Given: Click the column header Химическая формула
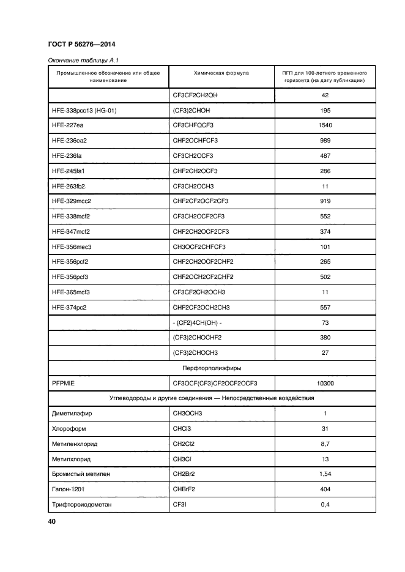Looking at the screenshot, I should [x=221, y=73].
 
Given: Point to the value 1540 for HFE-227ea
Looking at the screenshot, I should [x=325, y=125].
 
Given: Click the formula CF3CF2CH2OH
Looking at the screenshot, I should [x=200, y=95].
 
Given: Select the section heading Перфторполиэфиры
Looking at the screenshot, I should [x=212, y=368].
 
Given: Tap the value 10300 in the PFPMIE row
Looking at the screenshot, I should [x=325, y=384].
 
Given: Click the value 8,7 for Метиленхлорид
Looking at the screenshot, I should [x=325, y=444].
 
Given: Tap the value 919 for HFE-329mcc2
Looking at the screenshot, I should [x=325, y=201].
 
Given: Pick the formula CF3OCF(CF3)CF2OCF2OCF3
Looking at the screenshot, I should [x=215, y=384].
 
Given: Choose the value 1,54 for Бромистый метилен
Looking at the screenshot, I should [x=325, y=474].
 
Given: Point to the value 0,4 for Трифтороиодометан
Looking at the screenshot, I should [x=325, y=504].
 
